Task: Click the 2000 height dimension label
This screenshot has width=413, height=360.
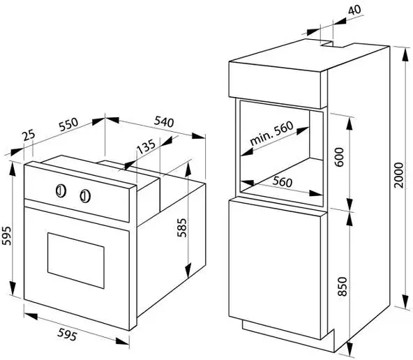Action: tap(398, 175)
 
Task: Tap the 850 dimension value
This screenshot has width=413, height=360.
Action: tap(343, 287)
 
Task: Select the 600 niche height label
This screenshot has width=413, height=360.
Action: tap(339, 157)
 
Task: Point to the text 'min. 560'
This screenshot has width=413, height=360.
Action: tap(271, 133)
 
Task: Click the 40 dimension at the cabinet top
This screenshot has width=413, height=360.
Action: tap(354, 10)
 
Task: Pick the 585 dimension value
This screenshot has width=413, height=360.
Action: tap(182, 227)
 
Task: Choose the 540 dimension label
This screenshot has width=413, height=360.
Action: tap(164, 121)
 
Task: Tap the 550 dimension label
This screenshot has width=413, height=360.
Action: tap(69, 125)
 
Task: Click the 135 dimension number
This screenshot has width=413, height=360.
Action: tap(147, 147)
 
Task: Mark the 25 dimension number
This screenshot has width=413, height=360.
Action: tap(29, 135)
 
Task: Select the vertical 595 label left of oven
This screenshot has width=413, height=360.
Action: tap(6, 236)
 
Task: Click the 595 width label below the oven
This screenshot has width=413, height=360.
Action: tap(68, 334)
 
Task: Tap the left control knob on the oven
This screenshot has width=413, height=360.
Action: tap(61, 190)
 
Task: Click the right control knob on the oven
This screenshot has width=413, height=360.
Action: tap(85, 196)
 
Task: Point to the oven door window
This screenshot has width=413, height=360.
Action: tap(76, 260)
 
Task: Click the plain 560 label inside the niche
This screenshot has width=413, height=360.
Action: tap(283, 181)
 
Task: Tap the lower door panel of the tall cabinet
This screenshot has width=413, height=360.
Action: tap(274, 269)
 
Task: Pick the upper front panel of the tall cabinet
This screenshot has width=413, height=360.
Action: tap(274, 85)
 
